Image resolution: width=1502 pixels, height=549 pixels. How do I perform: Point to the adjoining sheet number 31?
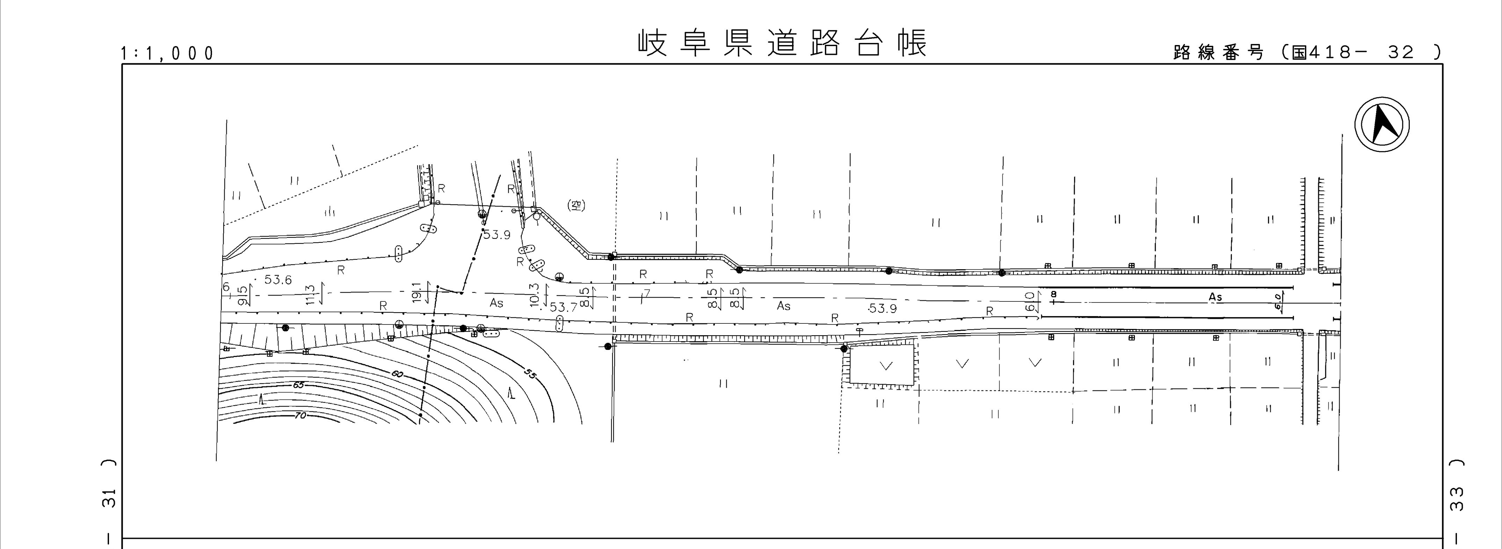point(109,499)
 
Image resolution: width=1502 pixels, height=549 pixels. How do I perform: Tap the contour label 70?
point(300,416)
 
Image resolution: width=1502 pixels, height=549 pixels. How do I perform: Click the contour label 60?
point(397,374)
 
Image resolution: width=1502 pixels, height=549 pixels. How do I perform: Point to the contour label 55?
point(529,374)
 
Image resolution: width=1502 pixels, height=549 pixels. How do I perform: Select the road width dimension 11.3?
point(310,294)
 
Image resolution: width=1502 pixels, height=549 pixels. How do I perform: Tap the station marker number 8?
point(1053,295)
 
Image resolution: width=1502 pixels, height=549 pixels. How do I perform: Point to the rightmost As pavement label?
point(1215,297)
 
